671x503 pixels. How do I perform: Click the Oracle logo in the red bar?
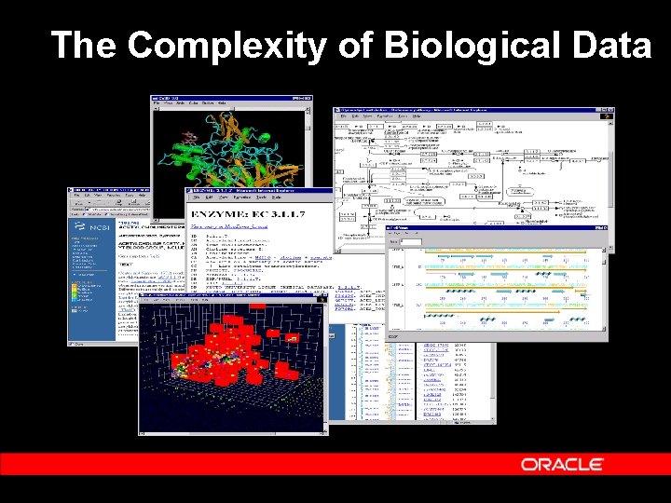[562, 464]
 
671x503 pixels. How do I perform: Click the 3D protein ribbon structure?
[228, 149]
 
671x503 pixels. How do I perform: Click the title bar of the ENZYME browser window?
[252, 191]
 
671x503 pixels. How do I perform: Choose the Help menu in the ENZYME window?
[280, 198]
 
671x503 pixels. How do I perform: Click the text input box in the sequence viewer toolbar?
[410, 242]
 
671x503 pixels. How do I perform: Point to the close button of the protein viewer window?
[307, 98]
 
